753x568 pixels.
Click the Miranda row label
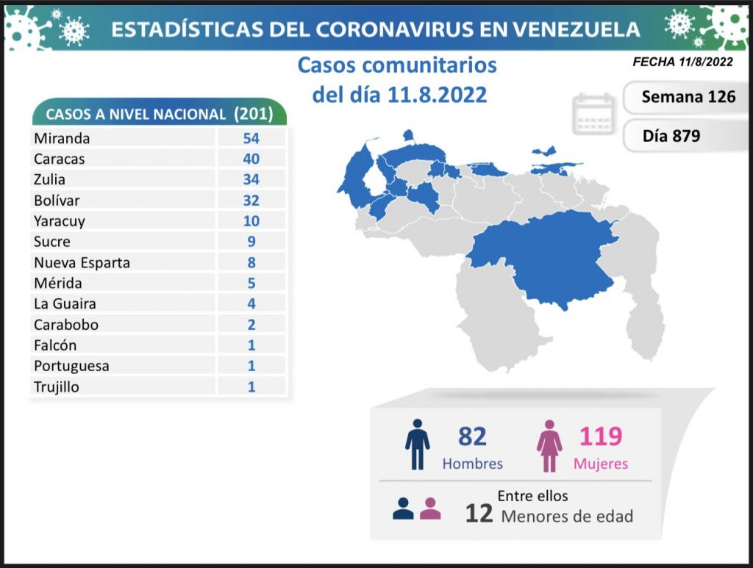coord(62,138)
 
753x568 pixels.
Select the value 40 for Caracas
coord(251,159)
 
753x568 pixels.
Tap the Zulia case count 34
coord(251,179)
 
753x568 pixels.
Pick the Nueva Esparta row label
coord(82,262)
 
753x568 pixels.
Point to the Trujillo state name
coord(56,387)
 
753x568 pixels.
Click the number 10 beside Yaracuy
coord(251,220)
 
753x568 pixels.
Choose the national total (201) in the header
coord(253,114)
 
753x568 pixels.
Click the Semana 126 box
coord(688,97)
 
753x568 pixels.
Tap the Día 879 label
coord(671,136)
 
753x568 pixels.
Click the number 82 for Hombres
coord(472,436)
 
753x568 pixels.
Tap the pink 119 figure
coord(601,436)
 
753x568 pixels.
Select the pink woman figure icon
coord(549,445)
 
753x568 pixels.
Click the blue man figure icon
coord(418,445)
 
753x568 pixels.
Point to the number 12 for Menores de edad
coord(479,513)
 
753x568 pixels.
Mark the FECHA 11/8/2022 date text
coord(682,62)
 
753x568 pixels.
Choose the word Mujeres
coord(601,464)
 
